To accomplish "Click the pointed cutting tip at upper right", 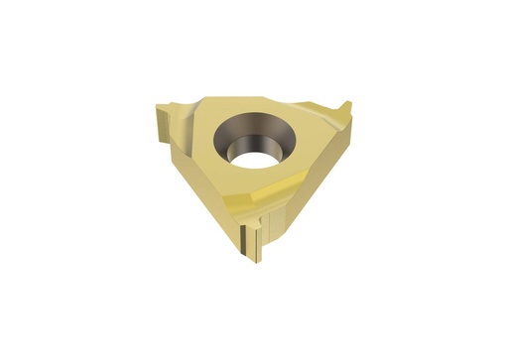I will [349, 107].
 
